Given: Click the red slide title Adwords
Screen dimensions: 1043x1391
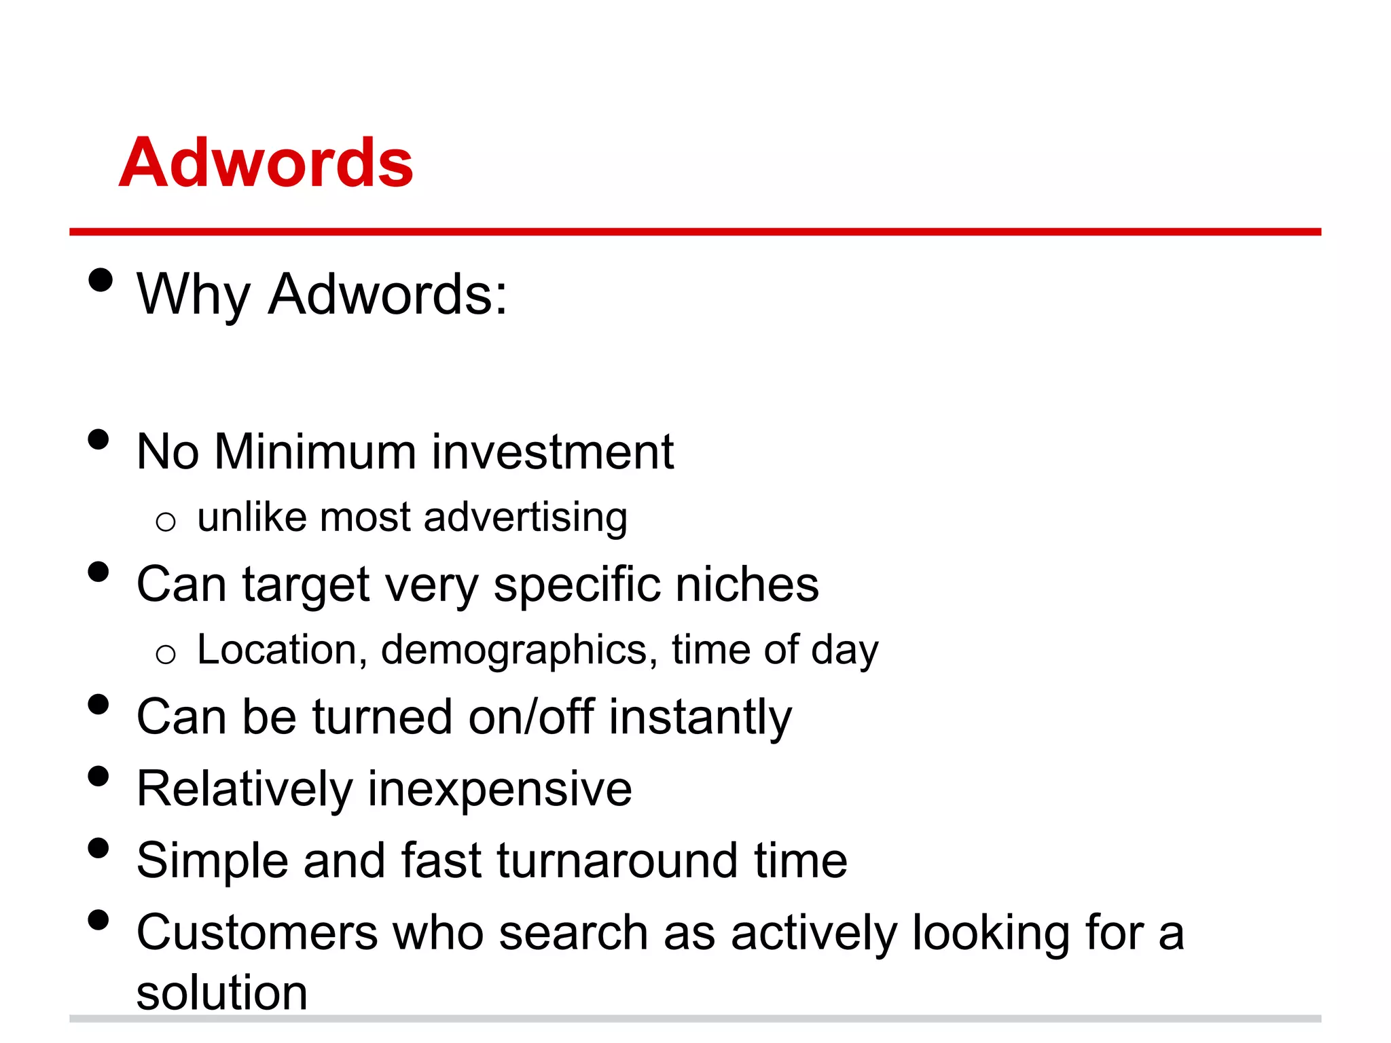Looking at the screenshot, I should coord(266,163).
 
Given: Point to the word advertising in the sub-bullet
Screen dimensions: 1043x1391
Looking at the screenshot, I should coord(526,517).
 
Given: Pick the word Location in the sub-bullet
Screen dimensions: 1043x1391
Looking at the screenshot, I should coord(277,650).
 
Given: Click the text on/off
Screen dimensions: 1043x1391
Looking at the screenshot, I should coord(532,717).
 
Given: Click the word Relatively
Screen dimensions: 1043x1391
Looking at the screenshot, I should coord(245,789).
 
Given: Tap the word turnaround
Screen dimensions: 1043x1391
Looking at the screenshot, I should coord(617,861).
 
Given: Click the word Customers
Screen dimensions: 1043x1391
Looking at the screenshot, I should coord(257,932).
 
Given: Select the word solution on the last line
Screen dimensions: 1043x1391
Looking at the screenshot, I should coord(222,993).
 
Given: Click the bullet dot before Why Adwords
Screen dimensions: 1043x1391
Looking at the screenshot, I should coord(100,280).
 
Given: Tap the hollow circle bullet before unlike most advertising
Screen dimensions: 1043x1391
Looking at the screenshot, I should coord(166,522).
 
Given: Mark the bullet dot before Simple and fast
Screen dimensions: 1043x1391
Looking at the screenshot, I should coord(98,848).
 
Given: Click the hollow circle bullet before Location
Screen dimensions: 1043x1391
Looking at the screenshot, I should coord(166,655).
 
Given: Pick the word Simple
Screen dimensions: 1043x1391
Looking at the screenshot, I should coord(213,861).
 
